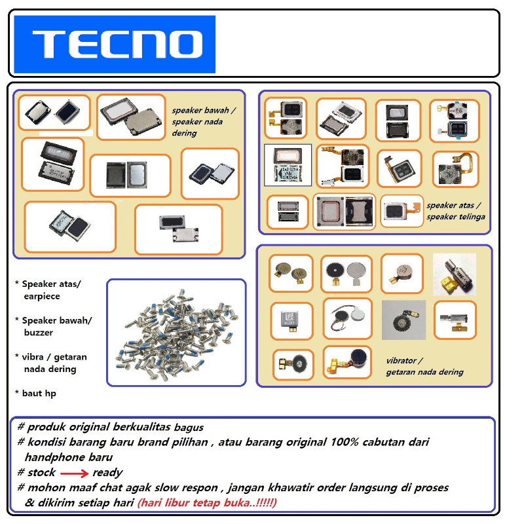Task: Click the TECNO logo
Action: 115,44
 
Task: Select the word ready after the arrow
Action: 107,472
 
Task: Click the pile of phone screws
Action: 176,332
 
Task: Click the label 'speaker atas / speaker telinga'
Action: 456,210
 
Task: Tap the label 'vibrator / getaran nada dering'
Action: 424,366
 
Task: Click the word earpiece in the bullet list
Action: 42,296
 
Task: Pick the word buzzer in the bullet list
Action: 39,332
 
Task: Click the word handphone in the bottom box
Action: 52,457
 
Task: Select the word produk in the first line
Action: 46,427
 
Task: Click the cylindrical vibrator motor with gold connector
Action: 454,274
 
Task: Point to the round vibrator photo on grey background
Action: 403,320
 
